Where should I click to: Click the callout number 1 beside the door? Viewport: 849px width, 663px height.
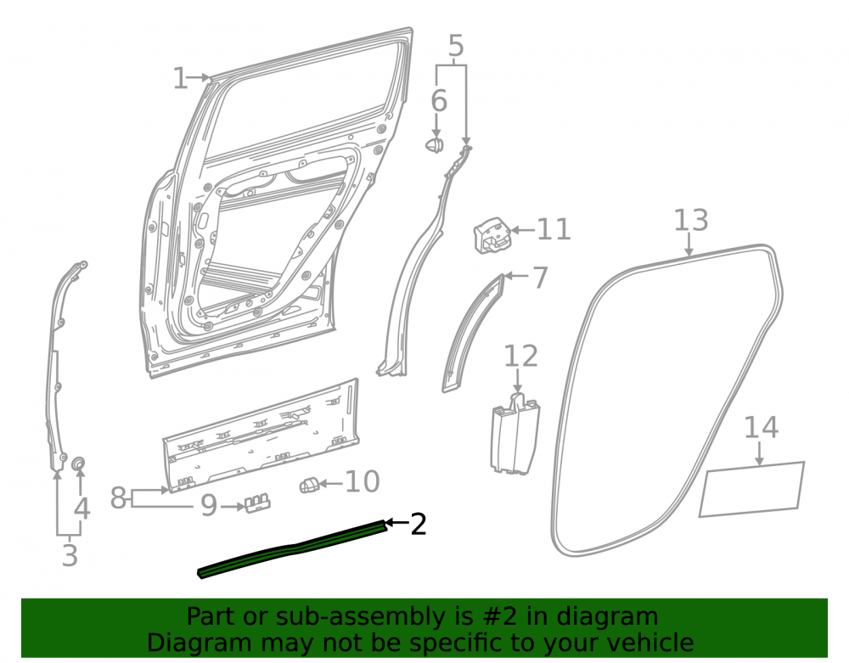(x=180, y=78)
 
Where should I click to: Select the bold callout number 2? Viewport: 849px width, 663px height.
(x=419, y=524)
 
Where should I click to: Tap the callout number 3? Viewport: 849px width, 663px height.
(x=70, y=555)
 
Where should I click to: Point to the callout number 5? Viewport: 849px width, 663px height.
(x=457, y=46)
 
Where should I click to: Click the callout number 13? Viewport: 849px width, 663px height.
(x=691, y=220)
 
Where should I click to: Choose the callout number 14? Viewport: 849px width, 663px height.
(x=762, y=427)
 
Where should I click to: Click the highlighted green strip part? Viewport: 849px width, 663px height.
(x=293, y=548)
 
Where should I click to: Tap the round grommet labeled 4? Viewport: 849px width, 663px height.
(x=79, y=464)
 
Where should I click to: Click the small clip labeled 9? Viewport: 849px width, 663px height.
(x=257, y=503)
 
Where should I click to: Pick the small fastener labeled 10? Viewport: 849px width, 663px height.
(x=308, y=486)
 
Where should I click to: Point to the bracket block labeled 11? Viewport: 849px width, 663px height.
(x=492, y=235)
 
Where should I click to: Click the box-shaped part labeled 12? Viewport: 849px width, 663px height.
(x=514, y=434)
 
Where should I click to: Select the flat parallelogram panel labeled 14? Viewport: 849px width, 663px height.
(x=751, y=489)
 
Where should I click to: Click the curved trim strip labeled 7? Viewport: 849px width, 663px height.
(x=471, y=334)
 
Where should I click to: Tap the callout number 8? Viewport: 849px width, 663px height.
(x=118, y=497)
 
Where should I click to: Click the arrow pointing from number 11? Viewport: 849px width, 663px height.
(x=522, y=230)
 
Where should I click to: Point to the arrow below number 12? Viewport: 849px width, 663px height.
(x=518, y=380)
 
